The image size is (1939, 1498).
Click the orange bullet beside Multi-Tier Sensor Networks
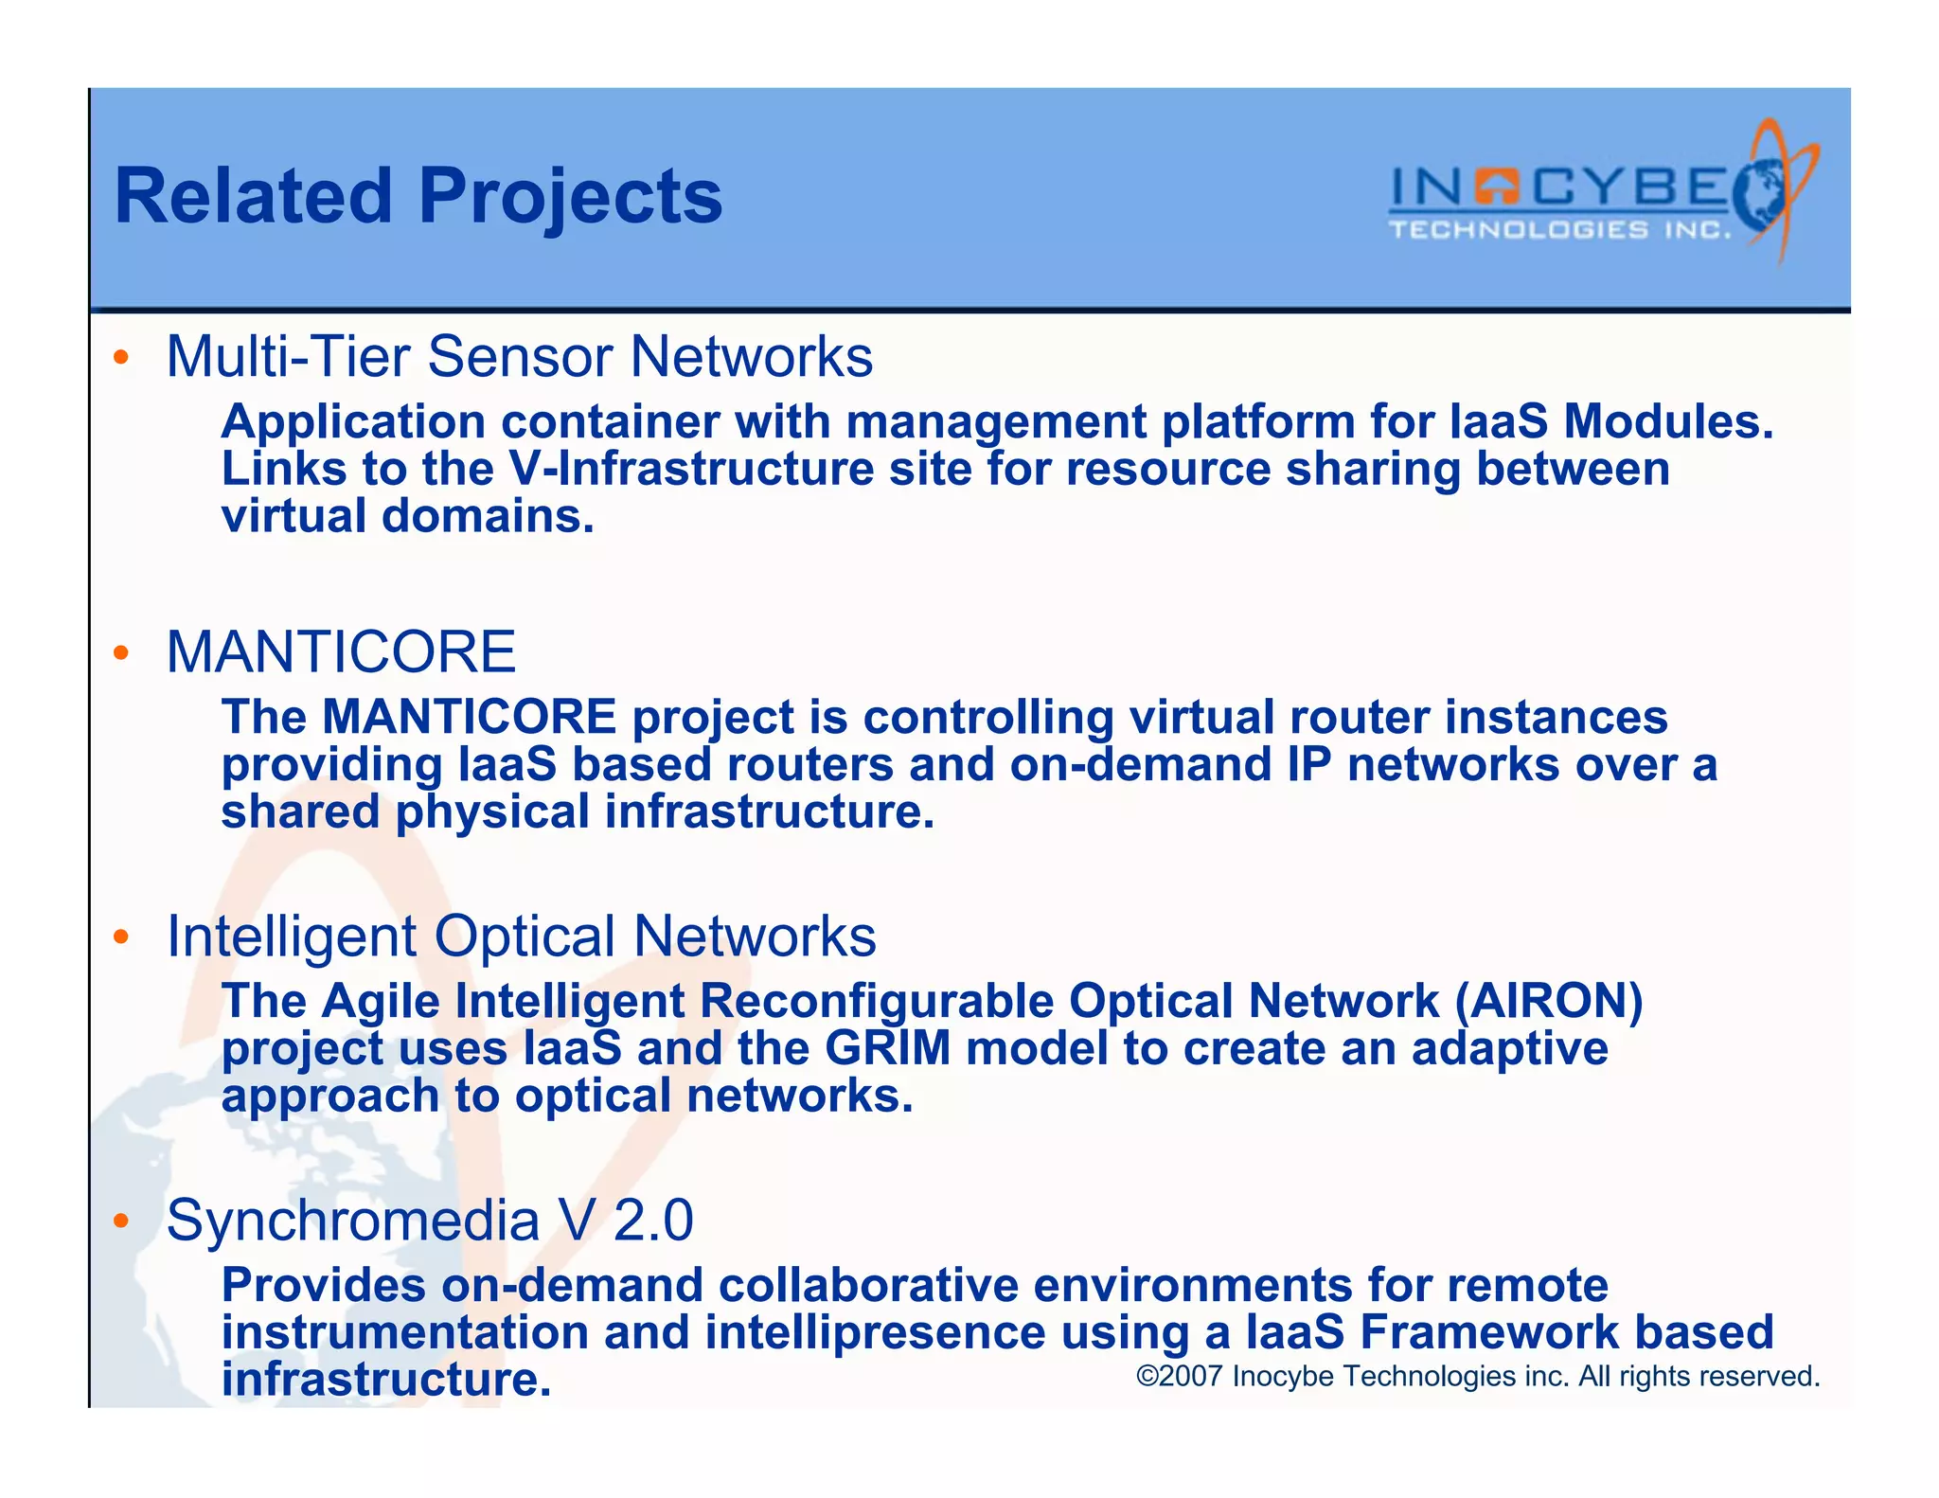point(120,358)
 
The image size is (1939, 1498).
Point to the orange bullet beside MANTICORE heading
point(120,652)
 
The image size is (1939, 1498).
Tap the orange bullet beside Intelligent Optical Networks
point(120,936)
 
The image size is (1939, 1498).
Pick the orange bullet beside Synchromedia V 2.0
point(120,1221)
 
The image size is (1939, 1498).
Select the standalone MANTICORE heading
point(341,652)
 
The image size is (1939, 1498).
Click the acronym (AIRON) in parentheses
point(1548,1002)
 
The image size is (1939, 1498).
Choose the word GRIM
point(887,1049)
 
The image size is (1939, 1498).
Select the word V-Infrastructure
point(691,470)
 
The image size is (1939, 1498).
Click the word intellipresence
point(875,1332)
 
